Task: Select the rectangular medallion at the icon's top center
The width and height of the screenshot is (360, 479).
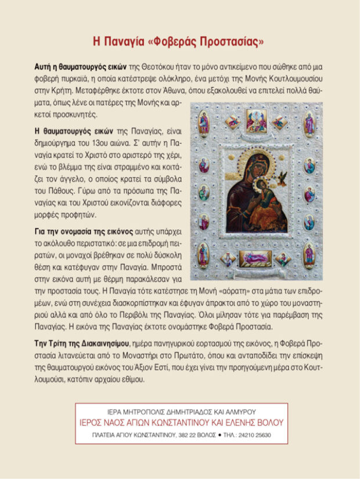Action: click(256, 120)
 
